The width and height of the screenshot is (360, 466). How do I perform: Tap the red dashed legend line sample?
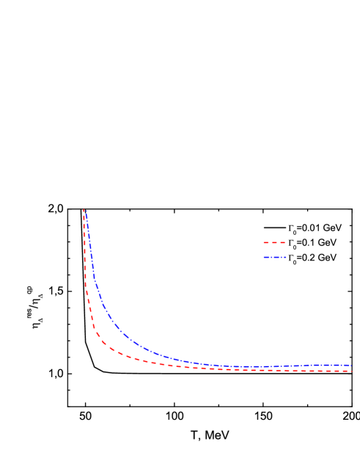point(274,242)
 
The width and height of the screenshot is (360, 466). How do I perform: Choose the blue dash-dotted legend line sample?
point(275,258)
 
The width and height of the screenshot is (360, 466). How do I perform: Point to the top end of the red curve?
point(84,210)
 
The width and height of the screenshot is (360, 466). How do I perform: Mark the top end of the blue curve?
point(86,210)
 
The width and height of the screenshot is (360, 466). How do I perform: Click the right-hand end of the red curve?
point(351,371)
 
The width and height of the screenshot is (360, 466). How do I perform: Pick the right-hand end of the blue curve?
point(351,365)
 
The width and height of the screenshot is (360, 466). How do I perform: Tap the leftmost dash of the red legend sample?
point(265,242)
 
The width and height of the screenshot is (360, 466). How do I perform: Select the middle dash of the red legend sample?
point(274,242)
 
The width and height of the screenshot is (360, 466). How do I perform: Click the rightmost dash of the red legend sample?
point(282,242)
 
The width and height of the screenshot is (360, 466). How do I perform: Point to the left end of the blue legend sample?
point(264,258)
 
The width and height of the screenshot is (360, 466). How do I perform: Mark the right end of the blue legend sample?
point(286,258)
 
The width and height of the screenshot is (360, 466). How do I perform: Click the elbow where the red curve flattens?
point(103,342)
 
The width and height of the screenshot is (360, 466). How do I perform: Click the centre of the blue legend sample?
point(275,258)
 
